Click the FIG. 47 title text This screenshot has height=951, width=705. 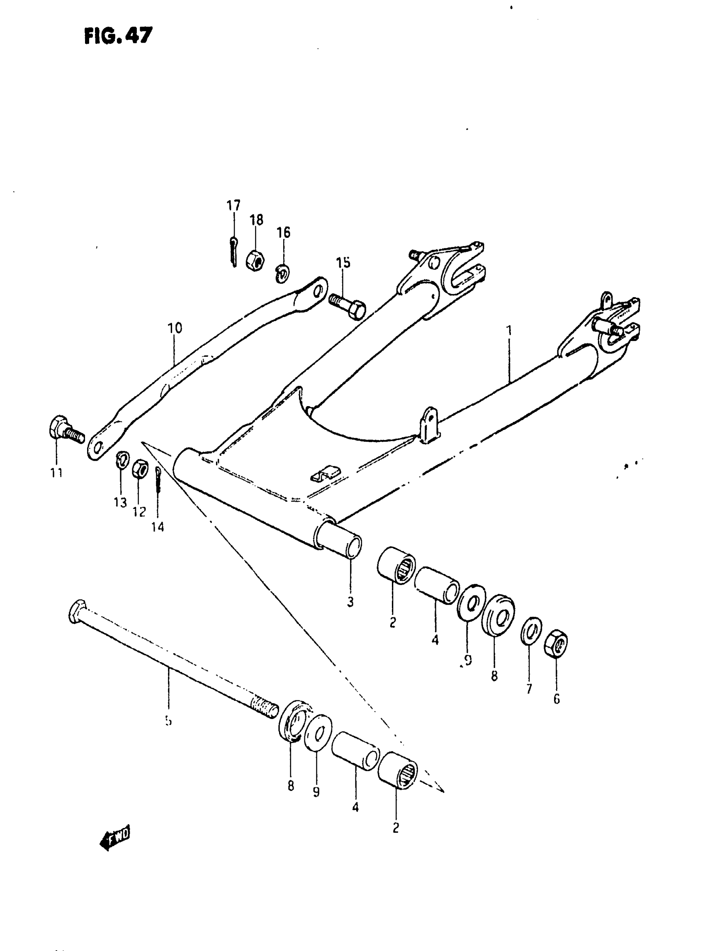point(118,36)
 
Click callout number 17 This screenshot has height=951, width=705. point(233,206)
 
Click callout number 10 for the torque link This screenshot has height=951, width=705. point(175,328)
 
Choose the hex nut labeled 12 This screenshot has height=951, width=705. point(140,469)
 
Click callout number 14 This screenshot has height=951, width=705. point(158,528)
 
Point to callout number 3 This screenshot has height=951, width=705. point(350,602)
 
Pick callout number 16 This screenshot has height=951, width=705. point(283,232)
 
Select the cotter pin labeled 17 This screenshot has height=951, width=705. point(233,252)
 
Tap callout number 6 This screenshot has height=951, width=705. point(557,699)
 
